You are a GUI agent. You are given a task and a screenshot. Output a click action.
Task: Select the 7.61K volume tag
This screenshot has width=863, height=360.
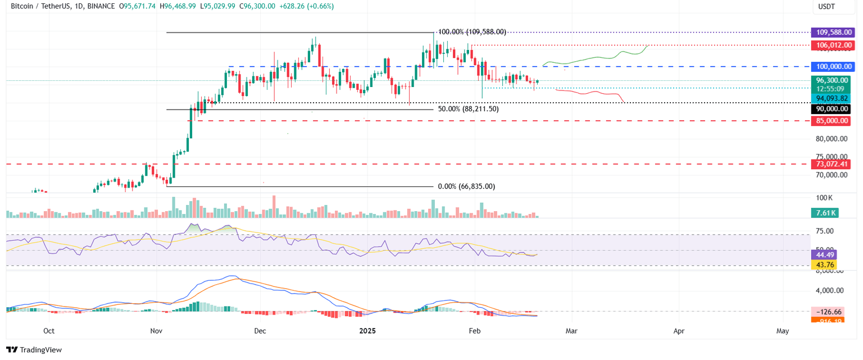click(x=825, y=213)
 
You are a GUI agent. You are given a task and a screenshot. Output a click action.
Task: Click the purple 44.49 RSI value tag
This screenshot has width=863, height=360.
click(x=824, y=254)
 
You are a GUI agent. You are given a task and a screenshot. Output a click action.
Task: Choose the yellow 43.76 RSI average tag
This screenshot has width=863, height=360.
click(x=824, y=265)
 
